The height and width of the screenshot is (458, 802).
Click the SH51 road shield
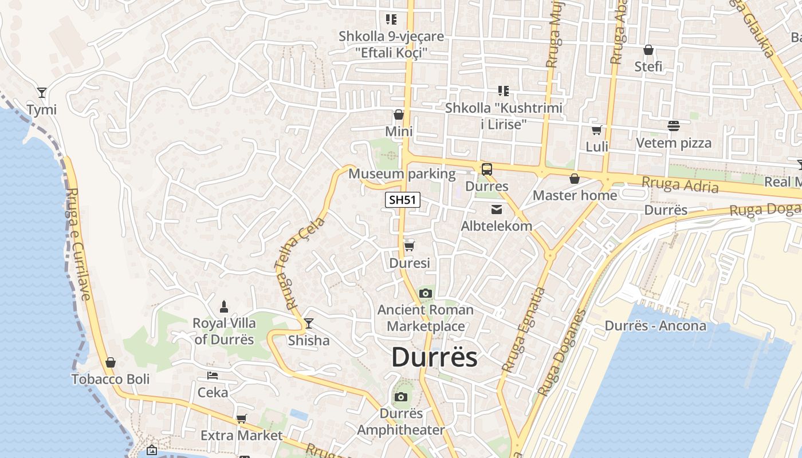[402, 200]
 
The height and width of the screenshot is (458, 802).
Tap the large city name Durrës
[434, 358]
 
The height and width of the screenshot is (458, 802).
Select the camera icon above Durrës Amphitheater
[401, 397]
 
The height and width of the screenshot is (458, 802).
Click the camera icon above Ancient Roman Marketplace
[425, 294]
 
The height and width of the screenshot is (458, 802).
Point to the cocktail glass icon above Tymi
[41, 92]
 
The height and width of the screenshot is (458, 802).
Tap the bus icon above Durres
[486, 169]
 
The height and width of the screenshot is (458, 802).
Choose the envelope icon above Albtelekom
[496, 210]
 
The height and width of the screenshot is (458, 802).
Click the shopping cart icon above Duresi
[409, 246]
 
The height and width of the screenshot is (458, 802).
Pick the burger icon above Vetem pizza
[673, 126]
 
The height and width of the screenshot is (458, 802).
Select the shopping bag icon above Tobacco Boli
[111, 362]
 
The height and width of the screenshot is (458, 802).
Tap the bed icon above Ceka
[213, 376]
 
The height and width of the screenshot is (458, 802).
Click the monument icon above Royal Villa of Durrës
[224, 306]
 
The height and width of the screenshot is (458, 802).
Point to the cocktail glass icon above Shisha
[309, 323]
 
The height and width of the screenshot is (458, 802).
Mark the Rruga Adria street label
[680, 185]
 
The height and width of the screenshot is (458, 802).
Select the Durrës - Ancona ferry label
[655, 326]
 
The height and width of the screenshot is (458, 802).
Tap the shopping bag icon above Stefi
[648, 50]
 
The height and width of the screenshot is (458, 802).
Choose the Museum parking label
[402, 173]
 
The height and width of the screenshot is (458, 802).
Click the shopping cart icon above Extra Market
[241, 418]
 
